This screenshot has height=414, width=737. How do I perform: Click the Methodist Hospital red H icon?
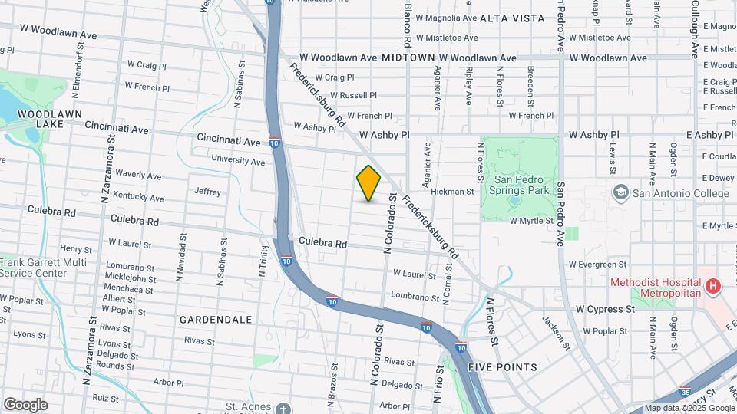click(714, 287)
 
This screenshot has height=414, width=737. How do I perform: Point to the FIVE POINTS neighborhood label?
click(503, 367)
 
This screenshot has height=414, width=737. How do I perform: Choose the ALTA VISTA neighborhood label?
click(512, 18)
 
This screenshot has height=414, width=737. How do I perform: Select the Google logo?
click(25, 404)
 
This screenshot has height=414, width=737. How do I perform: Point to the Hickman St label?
click(454, 191)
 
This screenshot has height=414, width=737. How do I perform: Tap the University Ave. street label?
click(240, 160)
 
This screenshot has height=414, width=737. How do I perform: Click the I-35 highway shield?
click(686, 390)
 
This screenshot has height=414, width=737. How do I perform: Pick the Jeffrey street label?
click(208, 192)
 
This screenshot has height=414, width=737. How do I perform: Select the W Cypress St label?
click(606, 309)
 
